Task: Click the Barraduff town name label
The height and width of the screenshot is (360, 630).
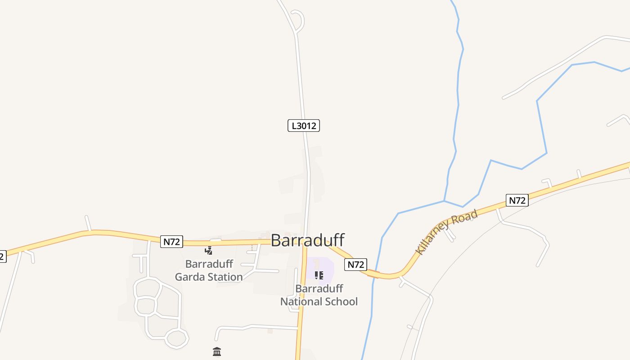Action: pyautogui.click(x=308, y=240)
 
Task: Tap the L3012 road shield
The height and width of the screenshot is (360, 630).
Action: pyautogui.click(x=304, y=126)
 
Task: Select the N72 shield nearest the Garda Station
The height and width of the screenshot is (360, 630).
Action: pyautogui.click(x=171, y=242)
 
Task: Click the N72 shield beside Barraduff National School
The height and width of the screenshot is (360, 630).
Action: pyautogui.click(x=356, y=265)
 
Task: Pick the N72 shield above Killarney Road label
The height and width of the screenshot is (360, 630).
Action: pyautogui.click(x=517, y=200)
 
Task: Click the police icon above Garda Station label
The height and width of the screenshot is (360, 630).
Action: pyautogui.click(x=208, y=251)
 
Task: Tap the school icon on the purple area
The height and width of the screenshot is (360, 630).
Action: pyautogui.click(x=319, y=275)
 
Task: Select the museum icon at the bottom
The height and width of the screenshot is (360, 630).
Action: pyautogui.click(x=217, y=351)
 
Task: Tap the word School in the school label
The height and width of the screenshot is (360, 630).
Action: pyautogui.click(x=342, y=301)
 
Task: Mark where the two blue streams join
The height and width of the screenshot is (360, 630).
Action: pyautogui.click(x=444, y=201)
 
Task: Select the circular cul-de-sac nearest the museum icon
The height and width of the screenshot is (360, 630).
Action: pyautogui.click(x=176, y=337)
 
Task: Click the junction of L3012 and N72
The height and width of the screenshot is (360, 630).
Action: pyautogui.click(x=306, y=243)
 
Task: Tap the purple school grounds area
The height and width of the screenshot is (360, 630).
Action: pyautogui.click(x=328, y=266)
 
